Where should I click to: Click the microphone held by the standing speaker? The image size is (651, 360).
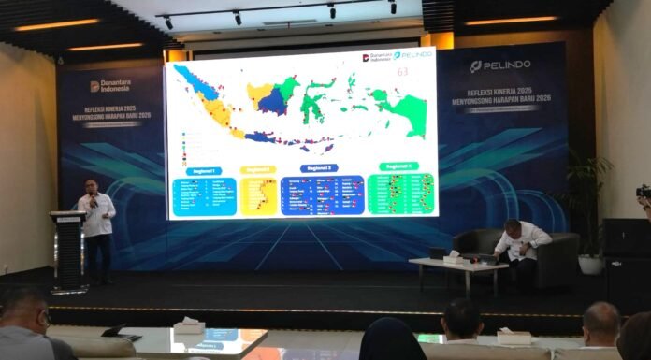(93, 202)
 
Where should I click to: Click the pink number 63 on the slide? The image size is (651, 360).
(403, 70)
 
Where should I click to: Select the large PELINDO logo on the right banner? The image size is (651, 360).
(502, 65)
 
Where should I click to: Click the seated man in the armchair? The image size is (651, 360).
(517, 245)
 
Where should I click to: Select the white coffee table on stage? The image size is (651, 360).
(459, 267)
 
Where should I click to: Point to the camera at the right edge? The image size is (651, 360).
(644, 194)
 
